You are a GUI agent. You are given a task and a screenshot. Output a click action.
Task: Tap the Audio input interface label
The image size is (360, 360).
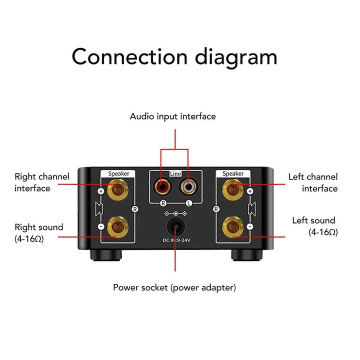pos(172,116)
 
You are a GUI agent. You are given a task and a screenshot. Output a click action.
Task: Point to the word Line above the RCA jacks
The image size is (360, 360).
pos(175,173)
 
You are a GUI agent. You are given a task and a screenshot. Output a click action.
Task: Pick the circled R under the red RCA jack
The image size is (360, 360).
pos(163,203)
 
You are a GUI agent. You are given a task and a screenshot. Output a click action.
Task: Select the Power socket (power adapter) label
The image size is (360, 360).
pos(174,287)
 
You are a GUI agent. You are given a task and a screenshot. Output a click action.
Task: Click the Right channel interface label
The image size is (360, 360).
pos(42,182)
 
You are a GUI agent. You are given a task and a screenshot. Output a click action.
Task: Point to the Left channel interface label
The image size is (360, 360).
pos(312,182)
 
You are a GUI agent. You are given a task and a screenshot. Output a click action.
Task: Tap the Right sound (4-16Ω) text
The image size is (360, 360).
pos(39,232)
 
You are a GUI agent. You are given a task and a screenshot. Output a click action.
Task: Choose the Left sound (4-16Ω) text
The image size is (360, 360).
pos(314,226)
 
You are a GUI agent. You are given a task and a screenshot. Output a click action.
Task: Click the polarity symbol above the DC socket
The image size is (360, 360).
pos(175,213)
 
